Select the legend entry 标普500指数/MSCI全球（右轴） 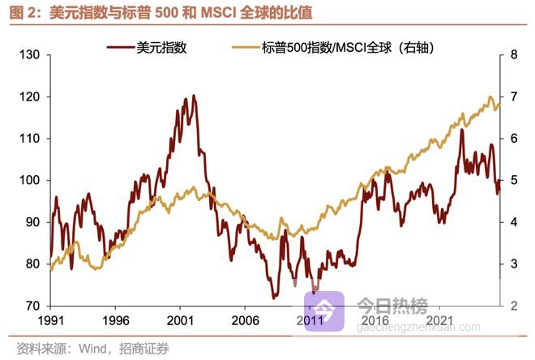coord(349,48)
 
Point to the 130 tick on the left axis coord(30,55)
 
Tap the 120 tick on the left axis coord(30,96)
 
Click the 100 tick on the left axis coord(30,180)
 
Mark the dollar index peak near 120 coord(192,96)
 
